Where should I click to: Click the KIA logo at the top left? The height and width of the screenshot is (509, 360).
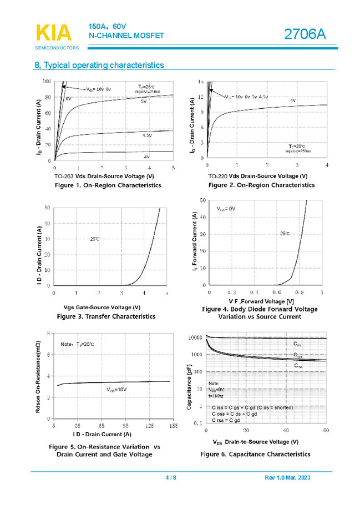tap(53, 33)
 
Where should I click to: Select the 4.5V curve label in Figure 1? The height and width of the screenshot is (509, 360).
tap(147, 135)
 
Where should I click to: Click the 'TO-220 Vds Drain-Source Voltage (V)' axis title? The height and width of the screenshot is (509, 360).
tap(258, 176)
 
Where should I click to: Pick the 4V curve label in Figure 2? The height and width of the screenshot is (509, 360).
tap(292, 100)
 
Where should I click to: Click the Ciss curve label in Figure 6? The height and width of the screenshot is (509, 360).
tap(298, 344)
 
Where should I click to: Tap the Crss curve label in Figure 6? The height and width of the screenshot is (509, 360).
tap(298, 366)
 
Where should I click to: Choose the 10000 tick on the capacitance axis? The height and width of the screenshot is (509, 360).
tap(196, 337)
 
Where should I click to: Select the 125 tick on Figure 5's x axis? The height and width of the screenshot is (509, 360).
tap(149, 426)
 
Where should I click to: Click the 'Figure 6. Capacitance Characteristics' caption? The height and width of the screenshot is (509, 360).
tap(255, 454)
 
